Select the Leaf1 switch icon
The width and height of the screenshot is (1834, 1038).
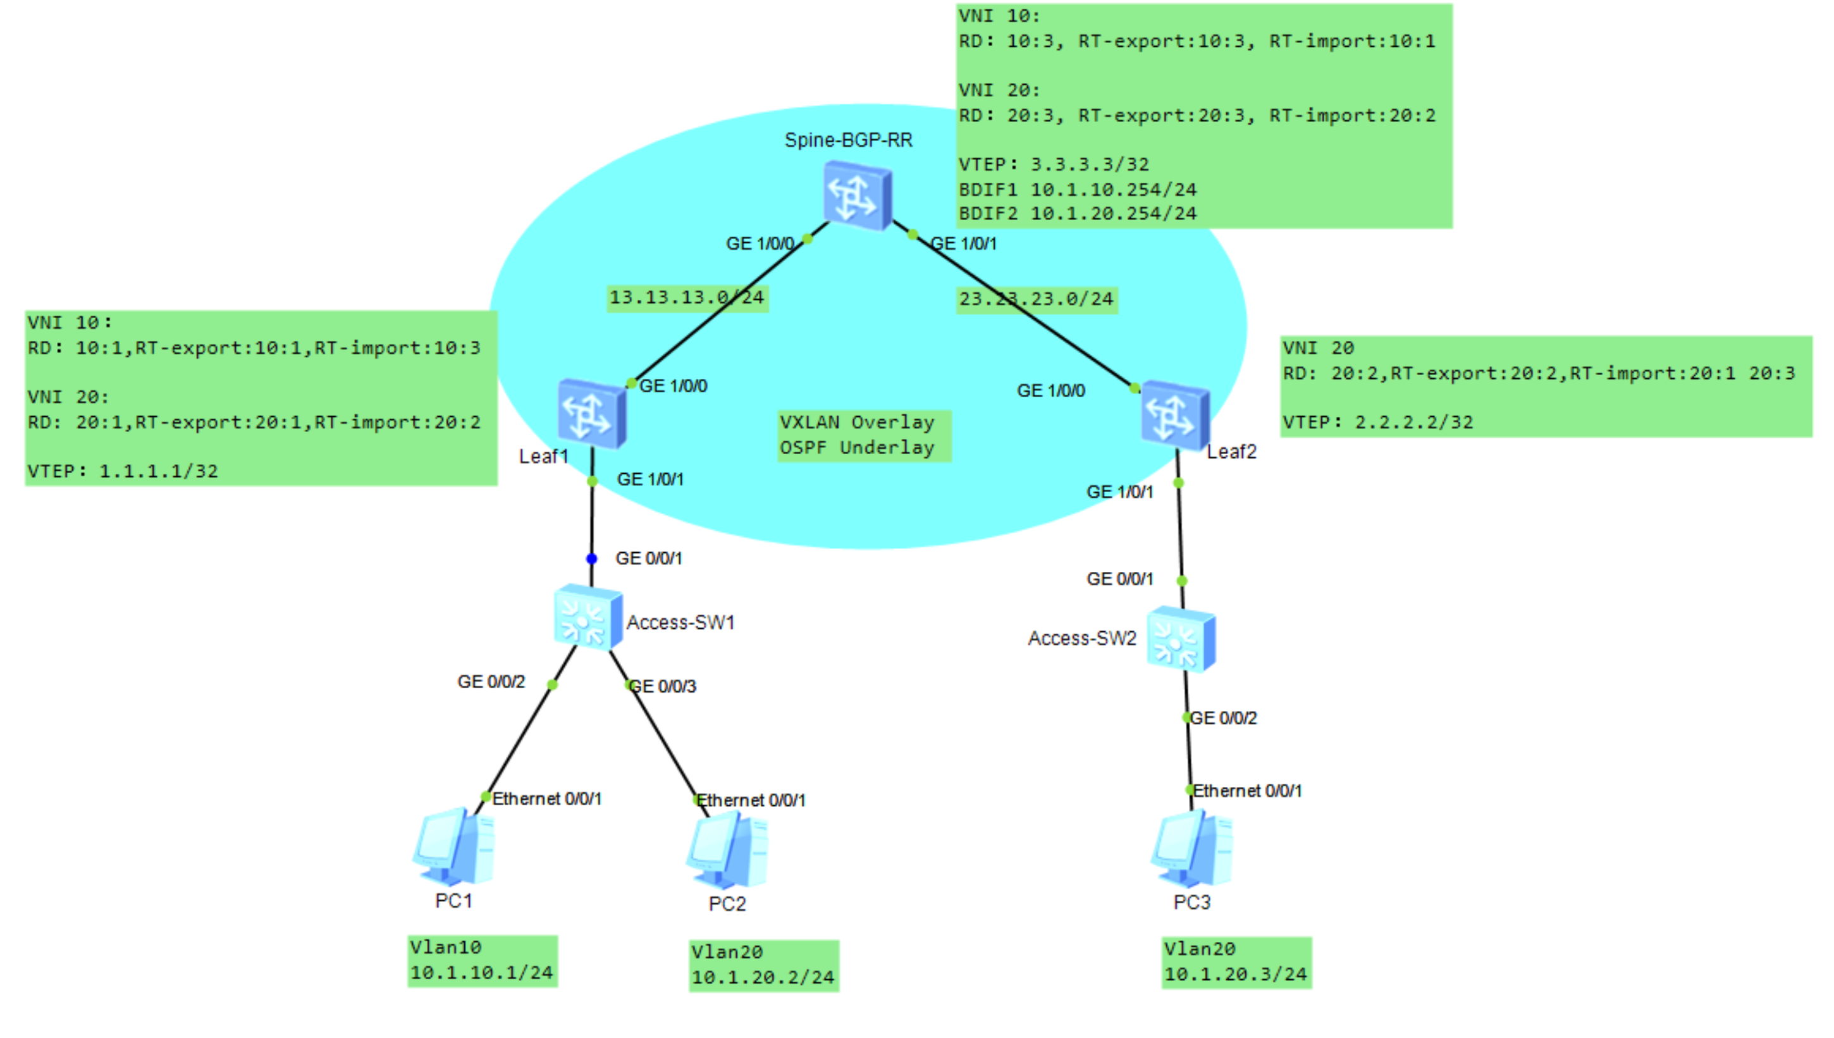(x=591, y=414)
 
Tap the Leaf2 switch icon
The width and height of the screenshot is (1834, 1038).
(x=1174, y=416)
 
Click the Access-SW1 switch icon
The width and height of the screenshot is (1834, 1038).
(x=588, y=618)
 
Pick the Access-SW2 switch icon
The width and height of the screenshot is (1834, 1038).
(x=1179, y=639)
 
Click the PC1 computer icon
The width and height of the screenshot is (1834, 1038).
(x=453, y=847)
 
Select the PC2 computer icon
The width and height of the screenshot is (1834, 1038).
(x=727, y=851)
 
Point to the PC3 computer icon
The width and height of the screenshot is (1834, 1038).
(x=1191, y=848)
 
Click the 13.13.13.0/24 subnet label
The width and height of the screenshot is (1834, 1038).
(x=686, y=297)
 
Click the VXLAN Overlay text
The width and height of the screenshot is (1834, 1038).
(x=856, y=422)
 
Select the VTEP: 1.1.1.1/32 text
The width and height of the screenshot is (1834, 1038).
(x=123, y=471)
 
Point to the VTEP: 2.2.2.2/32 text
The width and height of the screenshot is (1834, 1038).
(x=1377, y=422)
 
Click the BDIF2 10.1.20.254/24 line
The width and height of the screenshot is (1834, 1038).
(x=1076, y=213)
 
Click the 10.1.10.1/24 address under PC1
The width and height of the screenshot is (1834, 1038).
(x=481, y=972)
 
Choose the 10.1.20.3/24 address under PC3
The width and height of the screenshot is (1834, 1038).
(x=1234, y=974)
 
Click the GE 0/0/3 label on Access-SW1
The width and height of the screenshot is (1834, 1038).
(x=663, y=686)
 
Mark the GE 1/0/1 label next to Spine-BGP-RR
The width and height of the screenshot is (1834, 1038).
(x=963, y=244)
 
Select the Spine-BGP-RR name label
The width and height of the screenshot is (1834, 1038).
(x=847, y=140)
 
